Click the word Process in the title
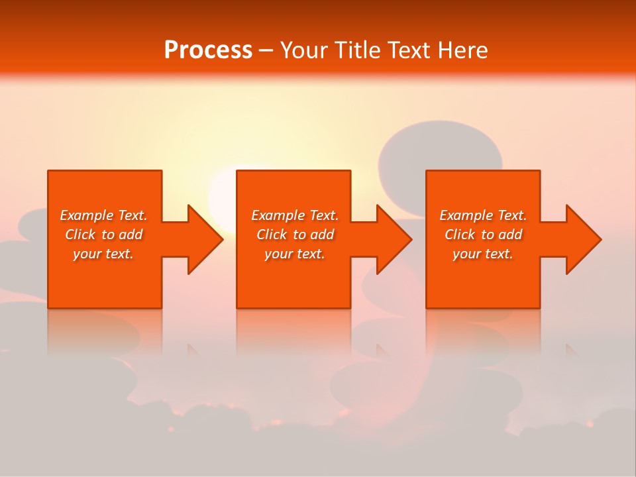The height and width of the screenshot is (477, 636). pyautogui.click(x=208, y=50)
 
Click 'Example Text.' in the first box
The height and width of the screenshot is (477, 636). pyautogui.click(x=103, y=215)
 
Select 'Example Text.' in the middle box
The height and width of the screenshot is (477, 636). pyautogui.click(x=294, y=215)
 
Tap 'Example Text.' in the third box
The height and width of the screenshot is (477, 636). pyautogui.click(x=483, y=215)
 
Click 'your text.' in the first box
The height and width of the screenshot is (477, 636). pyautogui.click(x=103, y=254)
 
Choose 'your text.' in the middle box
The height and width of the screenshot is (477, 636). pyautogui.click(x=294, y=254)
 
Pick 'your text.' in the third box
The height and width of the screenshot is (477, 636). pyautogui.click(x=483, y=254)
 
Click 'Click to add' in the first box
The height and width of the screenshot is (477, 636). pyautogui.click(x=103, y=235)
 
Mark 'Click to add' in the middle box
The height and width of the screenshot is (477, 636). pyautogui.click(x=294, y=235)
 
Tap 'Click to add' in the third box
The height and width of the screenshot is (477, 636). pyautogui.click(x=483, y=235)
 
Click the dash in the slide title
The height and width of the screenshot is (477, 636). pyautogui.click(x=266, y=51)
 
